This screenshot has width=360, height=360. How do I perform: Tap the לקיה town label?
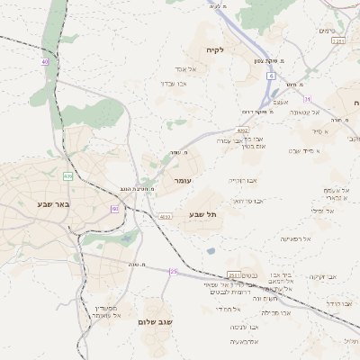coord(213,49)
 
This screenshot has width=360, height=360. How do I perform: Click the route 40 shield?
coord(45,61)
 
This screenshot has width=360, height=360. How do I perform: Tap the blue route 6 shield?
coord(269,76)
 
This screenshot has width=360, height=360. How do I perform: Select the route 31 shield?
coord(306,99)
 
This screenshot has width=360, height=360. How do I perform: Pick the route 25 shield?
coord(175,271)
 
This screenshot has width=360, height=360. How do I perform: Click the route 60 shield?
coord(114,209)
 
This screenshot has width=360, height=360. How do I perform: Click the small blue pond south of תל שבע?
coord(210,251)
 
